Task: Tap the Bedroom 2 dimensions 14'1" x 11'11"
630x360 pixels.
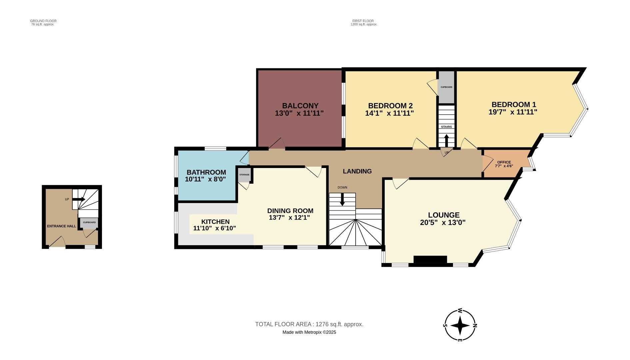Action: [x=389, y=113]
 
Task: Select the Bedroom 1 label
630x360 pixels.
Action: [x=513, y=104]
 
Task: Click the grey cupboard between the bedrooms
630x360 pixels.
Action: [x=446, y=87]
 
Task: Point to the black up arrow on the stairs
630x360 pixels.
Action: [x=446, y=140]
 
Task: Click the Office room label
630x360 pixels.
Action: [x=504, y=162]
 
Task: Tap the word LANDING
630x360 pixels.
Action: [x=357, y=171]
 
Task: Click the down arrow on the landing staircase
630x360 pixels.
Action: [x=342, y=199]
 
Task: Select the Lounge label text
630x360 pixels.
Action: [x=444, y=215]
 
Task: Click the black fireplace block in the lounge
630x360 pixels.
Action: [x=430, y=260]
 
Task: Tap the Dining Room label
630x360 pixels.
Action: [x=290, y=211]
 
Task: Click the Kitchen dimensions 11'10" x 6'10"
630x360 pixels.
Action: [x=215, y=229]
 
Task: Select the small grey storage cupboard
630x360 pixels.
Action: [x=244, y=175]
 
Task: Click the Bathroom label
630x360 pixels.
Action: [x=206, y=172]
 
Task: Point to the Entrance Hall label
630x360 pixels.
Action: [x=61, y=226]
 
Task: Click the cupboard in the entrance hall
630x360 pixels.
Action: [x=89, y=223]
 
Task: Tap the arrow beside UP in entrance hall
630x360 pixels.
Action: [x=79, y=199]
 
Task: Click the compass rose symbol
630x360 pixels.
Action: [x=460, y=325]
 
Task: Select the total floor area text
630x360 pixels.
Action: [x=309, y=324]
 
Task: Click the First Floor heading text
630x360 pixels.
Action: [x=363, y=21]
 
